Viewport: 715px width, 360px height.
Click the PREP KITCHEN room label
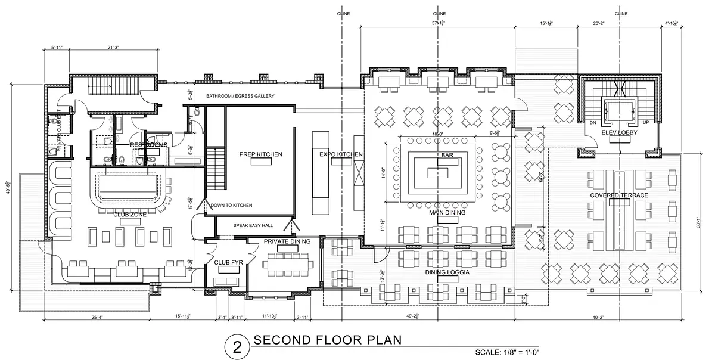click(x=260, y=154)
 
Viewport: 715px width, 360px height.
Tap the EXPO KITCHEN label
click(x=341, y=154)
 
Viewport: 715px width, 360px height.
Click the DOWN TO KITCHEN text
click(x=231, y=205)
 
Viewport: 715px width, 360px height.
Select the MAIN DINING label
click(x=446, y=212)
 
